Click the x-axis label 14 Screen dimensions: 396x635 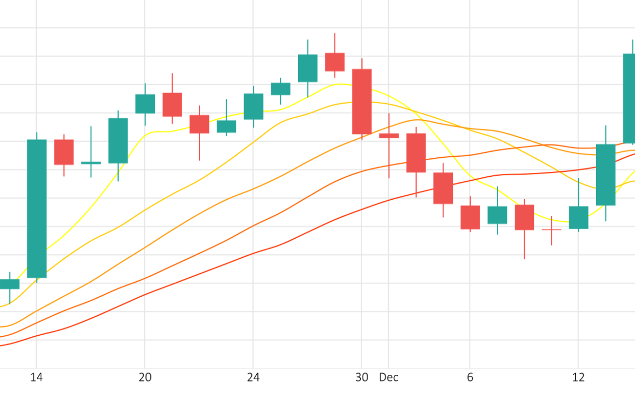pyautogui.click(x=37, y=378)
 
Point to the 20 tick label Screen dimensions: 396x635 pyautogui.click(x=145, y=378)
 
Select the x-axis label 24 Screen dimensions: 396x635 pyautogui.click(x=253, y=378)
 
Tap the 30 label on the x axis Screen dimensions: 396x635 pyautogui.click(x=362, y=378)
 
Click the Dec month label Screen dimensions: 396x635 pyautogui.click(x=389, y=378)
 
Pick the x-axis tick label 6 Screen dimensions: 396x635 pyautogui.click(x=470, y=378)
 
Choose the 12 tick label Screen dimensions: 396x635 pyautogui.click(x=579, y=378)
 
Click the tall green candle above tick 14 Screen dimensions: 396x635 pyautogui.click(x=37, y=208)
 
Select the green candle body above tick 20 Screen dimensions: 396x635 pyautogui.click(x=145, y=104)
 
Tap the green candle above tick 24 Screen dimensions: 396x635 pyautogui.click(x=253, y=107)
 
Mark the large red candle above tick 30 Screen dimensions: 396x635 pyautogui.click(x=362, y=102)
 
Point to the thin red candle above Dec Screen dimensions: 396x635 pyautogui.click(x=389, y=136)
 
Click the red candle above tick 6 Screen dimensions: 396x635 pyautogui.click(x=470, y=217)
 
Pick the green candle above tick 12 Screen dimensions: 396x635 pyautogui.click(x=579, y=218)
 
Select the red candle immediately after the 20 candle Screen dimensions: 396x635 pyautogui.click(x=172, y=104)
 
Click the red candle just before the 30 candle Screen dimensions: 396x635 pyautogui.click(x=335, y=62)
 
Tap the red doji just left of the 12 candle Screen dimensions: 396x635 pyautogui.click(x=551, y=229)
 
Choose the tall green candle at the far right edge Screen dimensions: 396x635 pyautogui.click(x=629, y=99)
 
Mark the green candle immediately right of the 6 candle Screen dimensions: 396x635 pyautogui.click(x=497, y=215)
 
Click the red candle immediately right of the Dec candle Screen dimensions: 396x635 pyautogui.click(x=416, y=153)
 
